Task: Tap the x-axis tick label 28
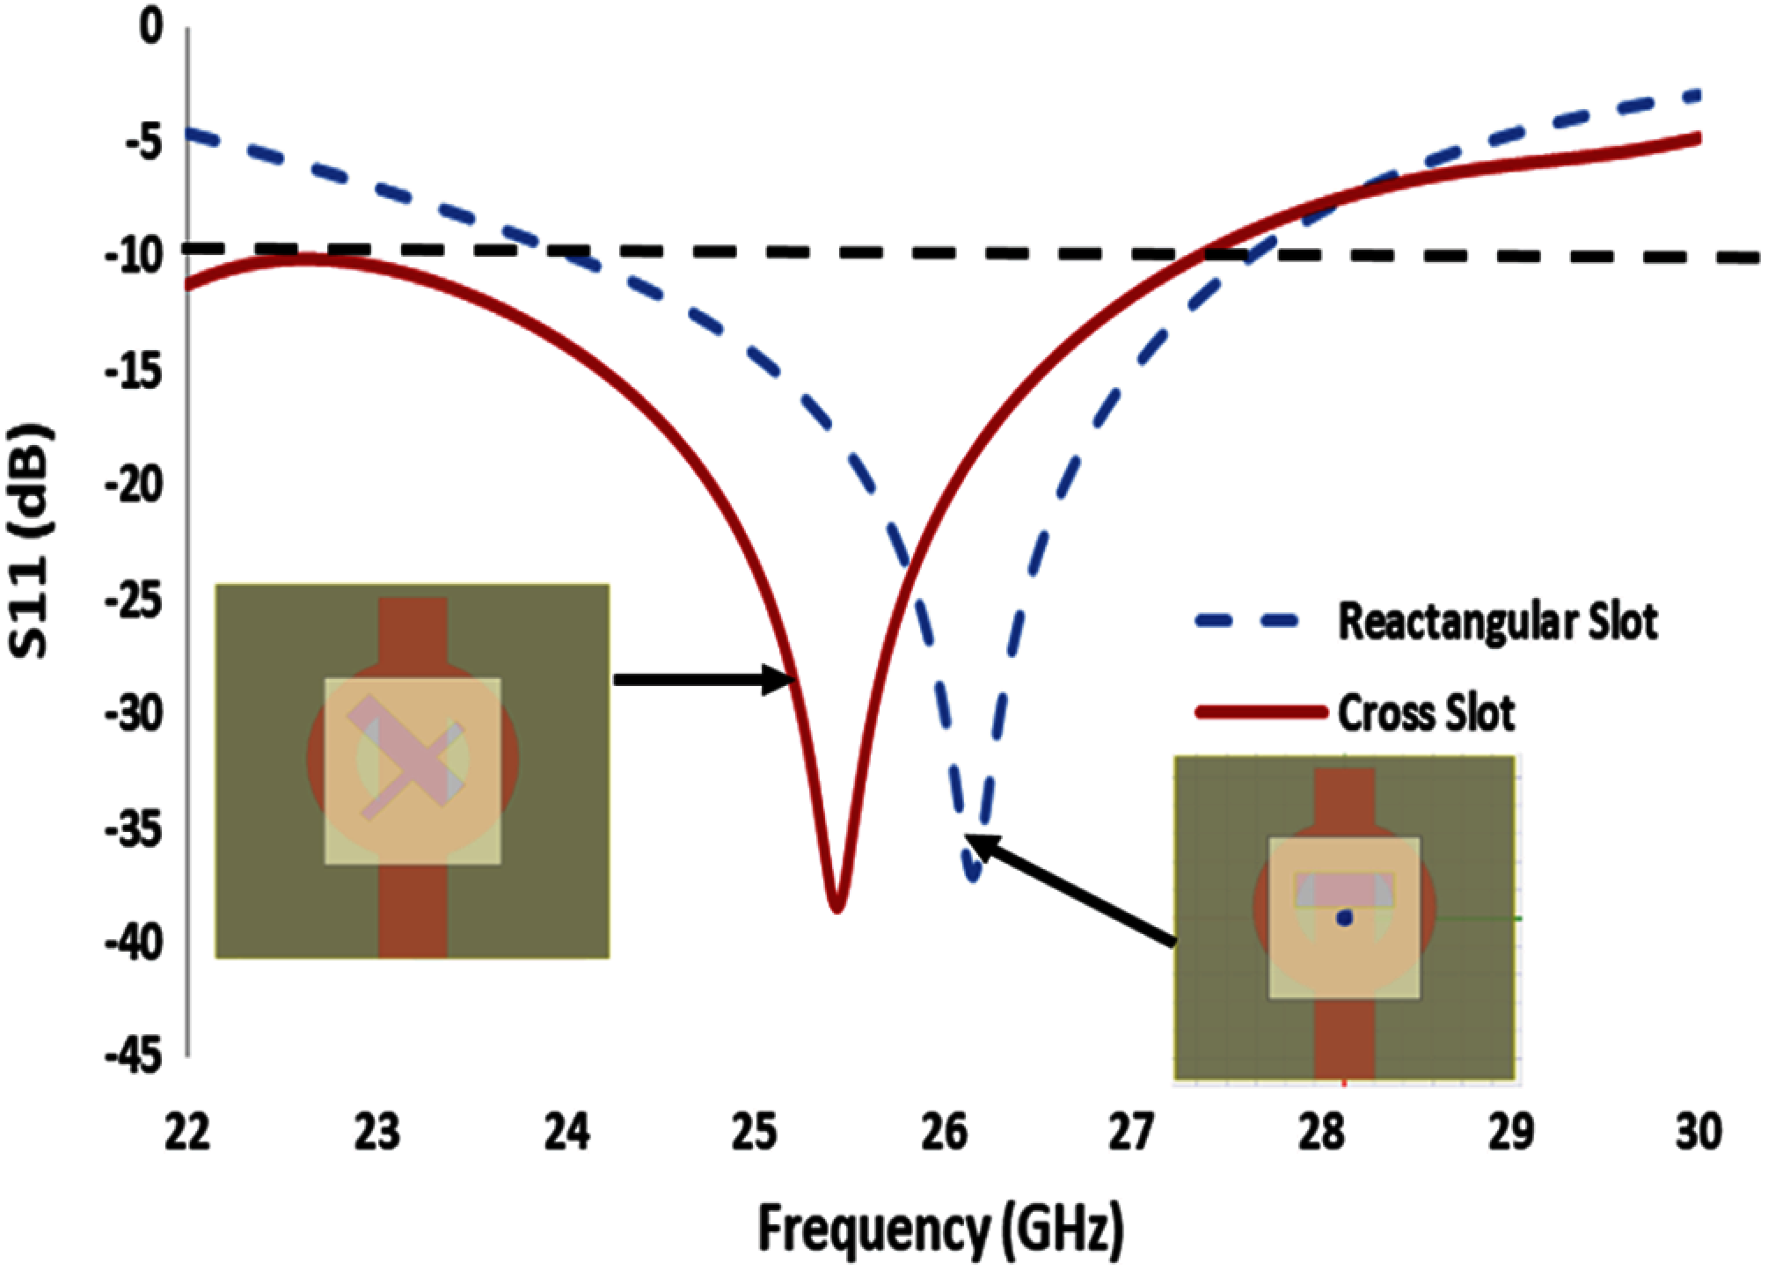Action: [1321, 1133]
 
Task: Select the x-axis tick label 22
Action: [188, 1133]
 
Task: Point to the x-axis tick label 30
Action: [1698, 1133]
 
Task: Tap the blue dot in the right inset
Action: [1344, 918]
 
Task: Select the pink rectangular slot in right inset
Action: [1344, 890]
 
